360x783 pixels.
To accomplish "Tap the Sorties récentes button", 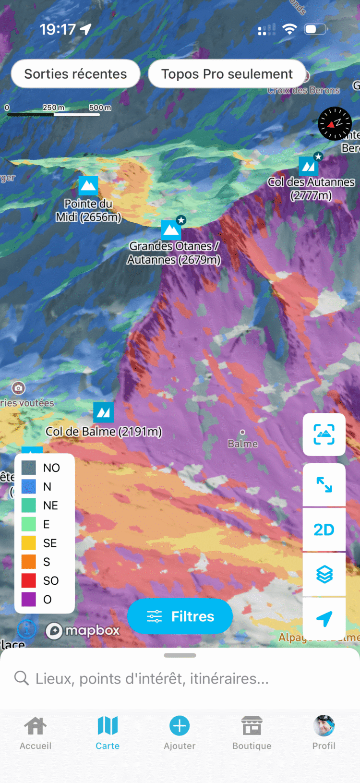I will coord(75,74).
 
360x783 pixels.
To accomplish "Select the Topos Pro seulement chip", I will coord(227,74).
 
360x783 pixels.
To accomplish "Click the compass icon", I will coord(335,123).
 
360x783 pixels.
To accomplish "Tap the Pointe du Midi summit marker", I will coord(88,186).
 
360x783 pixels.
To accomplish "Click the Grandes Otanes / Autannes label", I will coord(174,253).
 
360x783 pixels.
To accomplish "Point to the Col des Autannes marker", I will coord(308,167).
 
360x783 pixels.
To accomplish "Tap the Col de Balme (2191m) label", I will coord(104,432).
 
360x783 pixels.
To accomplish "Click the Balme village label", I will coord(242,444).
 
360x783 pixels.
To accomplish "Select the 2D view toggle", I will coord(324,530).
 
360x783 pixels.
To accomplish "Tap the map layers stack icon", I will coord(324,574).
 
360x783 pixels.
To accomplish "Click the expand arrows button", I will coord(324,485).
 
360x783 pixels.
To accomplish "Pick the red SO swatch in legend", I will coord(29,580).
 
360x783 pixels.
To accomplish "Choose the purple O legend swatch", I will coord(29,599).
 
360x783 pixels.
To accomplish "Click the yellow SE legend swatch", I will coord(29,543).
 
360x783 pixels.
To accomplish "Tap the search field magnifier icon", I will coord(21,678).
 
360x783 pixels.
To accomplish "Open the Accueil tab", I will coord(36,733).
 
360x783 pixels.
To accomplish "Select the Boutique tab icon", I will coord(252,726).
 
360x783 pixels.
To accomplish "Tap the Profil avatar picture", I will coord(324,725).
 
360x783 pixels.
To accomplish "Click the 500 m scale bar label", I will coord(100,108).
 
